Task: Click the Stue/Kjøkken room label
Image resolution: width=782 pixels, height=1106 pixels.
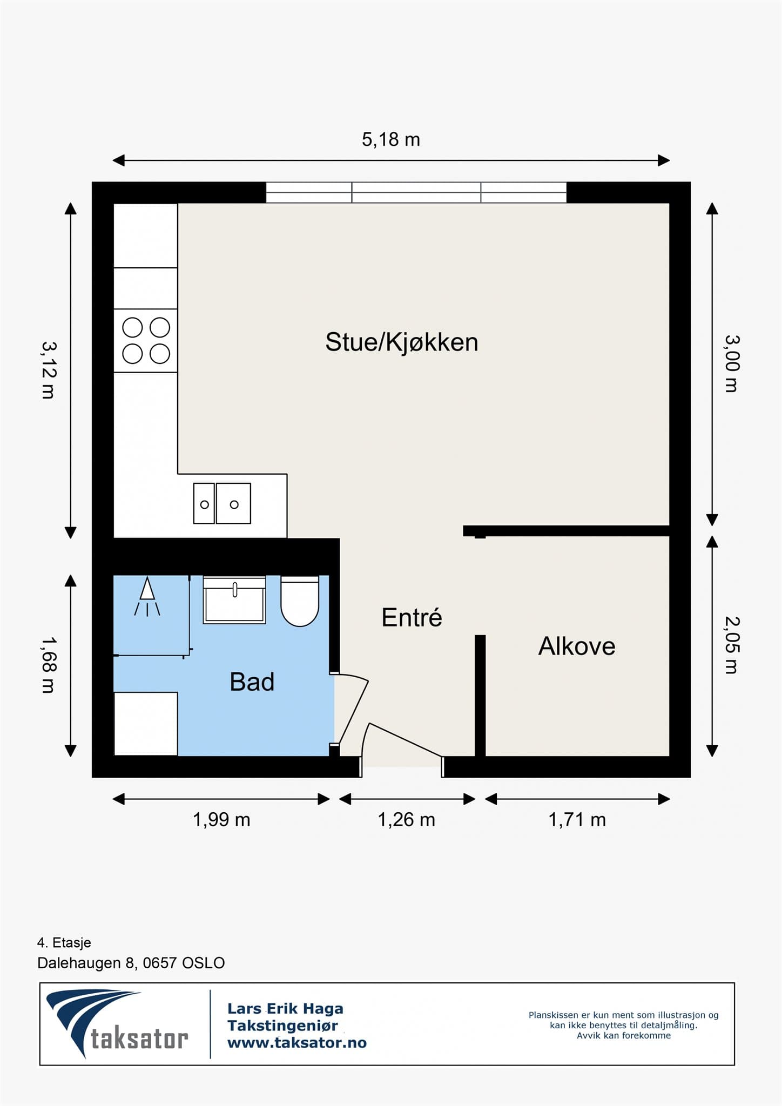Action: (402, 342)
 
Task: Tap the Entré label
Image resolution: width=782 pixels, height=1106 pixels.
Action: (412, 617)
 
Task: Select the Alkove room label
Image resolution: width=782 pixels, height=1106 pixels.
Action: (577, 646)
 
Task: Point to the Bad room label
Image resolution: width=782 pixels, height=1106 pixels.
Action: (252, 682)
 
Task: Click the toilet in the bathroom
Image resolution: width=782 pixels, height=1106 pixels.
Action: (300, 601)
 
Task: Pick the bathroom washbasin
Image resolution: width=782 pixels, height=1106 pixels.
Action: (234, 600)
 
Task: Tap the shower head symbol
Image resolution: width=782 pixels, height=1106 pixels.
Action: (147, 597)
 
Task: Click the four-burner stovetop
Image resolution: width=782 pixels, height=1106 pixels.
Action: (146, 341)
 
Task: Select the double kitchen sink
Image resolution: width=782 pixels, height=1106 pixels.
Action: (222, 503)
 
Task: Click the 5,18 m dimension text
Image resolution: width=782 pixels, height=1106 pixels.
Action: (390, 140)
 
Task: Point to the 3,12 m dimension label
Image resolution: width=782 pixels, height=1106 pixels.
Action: (49, 370)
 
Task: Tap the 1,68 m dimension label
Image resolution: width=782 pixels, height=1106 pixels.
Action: (49, 664)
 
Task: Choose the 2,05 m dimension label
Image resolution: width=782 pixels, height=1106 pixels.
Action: (731, 645)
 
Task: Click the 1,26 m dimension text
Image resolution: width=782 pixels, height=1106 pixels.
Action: (406, 820)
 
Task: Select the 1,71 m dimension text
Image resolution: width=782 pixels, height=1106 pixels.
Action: (577, 820)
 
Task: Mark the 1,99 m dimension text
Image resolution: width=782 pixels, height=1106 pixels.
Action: (221, 820)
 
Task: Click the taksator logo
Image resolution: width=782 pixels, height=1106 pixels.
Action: (117, 1024)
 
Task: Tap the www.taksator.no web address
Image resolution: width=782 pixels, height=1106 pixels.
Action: (297, 1043)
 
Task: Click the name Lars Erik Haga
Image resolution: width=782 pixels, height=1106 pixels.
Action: (285, 1008)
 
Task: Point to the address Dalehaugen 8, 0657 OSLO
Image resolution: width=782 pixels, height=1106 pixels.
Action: (131, 963)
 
